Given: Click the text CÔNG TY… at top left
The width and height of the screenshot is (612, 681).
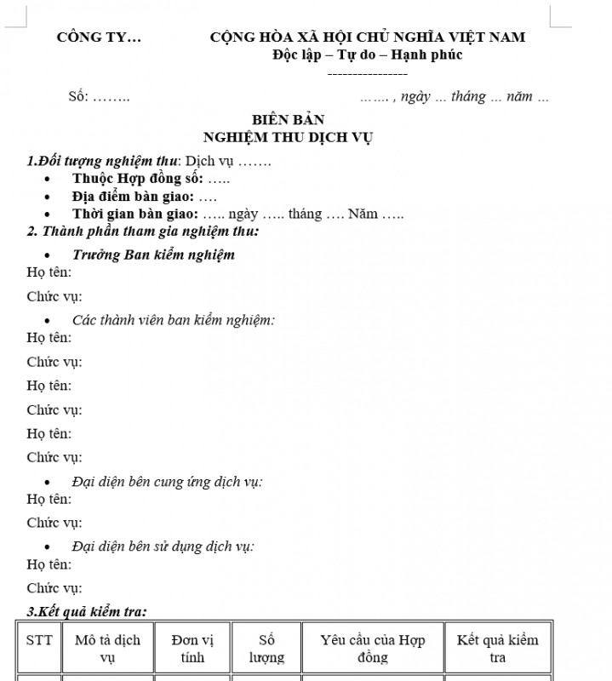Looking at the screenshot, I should [100, 37].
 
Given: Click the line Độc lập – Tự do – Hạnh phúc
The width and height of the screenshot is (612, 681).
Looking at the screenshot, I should [368, 55].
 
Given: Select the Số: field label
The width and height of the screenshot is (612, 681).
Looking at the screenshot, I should [79, 97].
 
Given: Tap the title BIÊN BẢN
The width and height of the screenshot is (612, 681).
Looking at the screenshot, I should [289, 120].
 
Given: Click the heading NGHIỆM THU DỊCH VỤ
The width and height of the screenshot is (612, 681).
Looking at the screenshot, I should [289, 137].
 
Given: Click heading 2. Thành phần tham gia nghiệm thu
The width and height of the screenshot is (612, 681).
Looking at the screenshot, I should [143, 231].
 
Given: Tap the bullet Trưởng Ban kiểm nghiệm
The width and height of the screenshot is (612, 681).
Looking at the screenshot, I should [153, 255].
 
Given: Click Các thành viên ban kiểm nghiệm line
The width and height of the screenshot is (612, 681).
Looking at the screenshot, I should [173, 320].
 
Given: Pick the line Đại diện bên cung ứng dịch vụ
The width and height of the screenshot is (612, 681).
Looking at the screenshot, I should [167, 482].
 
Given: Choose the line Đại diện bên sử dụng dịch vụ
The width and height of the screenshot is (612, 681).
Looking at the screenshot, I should [163, 547].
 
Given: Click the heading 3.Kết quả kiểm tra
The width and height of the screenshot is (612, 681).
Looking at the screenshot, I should [87, 611].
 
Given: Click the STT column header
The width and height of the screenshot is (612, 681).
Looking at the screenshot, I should [38, 640].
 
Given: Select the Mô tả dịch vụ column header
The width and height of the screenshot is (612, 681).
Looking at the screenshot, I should [107, 649].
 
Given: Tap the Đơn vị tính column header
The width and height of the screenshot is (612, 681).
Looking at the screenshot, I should [192, 649].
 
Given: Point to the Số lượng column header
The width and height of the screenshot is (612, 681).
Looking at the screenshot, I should [266, 649].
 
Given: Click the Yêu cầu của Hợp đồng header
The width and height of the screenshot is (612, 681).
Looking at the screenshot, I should [373, 649].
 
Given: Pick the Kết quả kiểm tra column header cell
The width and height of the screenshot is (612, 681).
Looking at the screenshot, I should [498, 649].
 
